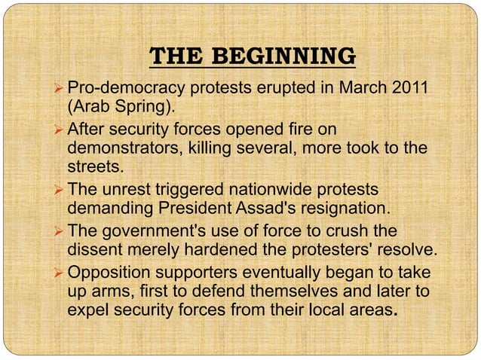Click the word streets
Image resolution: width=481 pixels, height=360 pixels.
click(x=93, y=166)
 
